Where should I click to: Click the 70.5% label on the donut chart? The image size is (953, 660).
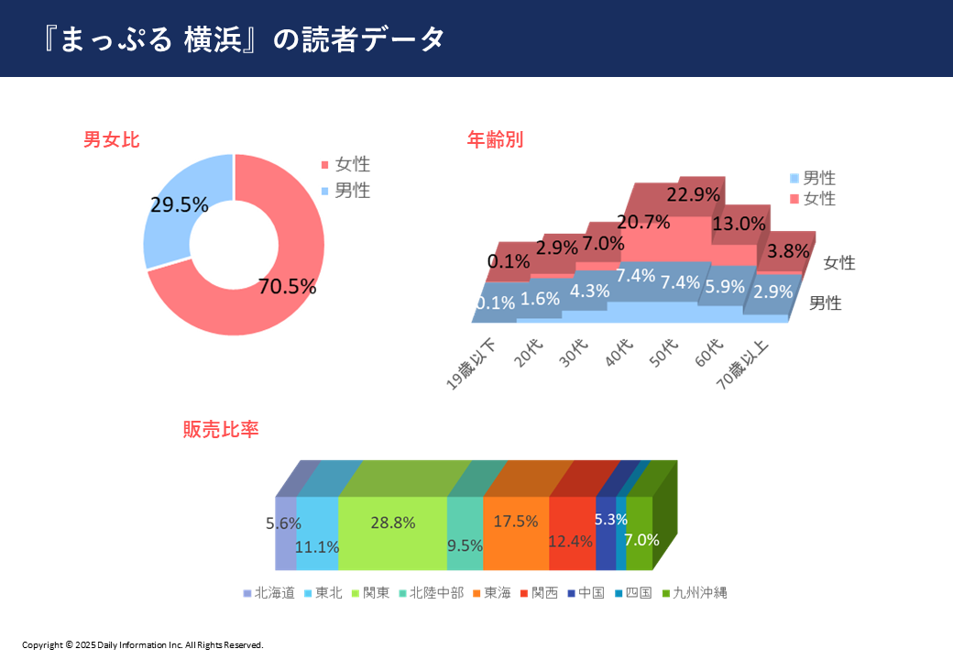(x=287, y=286)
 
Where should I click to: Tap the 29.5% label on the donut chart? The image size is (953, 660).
(x=179, y=205)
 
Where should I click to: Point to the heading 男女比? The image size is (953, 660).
(x=111, y=140)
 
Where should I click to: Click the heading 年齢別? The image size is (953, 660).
(x=495, y=140)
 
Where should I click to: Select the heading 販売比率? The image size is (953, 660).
(x=221, y=429)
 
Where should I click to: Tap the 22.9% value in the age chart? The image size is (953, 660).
(x=690, y=194)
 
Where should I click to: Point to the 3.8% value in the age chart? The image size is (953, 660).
(x=787, y=250)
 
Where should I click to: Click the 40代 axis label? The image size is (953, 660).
(x=620, y=352)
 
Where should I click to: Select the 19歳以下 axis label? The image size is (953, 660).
(x=472, y=365)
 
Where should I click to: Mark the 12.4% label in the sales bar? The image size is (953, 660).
(x=571, y=541)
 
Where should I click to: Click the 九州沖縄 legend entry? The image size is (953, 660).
(x=694, y=593)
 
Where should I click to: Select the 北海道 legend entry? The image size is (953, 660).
(x=269, y=593)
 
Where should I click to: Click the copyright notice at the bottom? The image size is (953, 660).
(x=143, y=644)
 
